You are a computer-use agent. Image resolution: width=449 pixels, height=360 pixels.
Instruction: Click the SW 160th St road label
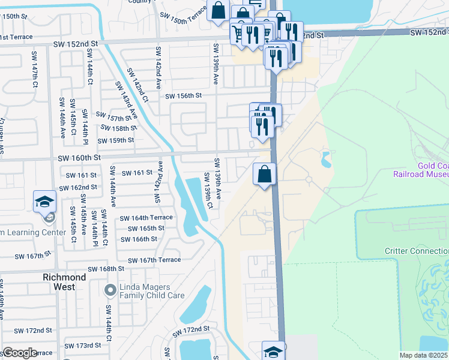[x=79, y=158]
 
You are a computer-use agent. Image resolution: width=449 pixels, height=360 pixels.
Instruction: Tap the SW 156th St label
[x=183, y=96]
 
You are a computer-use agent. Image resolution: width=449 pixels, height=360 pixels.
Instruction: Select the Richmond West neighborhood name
[x=64, y=282]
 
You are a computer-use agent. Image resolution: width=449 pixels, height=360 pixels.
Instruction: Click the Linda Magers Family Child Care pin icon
[x=109, y=291]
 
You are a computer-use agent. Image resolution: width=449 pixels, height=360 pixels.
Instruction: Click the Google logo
[x=20, y=352]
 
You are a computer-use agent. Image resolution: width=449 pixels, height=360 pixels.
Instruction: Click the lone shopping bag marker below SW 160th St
[x=264, y=175]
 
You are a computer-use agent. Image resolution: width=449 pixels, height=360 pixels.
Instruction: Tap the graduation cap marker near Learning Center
[x=44, y=202]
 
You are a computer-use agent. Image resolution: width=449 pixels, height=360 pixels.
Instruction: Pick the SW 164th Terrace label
[x=146, y=218]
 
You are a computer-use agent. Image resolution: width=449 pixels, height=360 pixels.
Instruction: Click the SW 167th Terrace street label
[x=154, y=260]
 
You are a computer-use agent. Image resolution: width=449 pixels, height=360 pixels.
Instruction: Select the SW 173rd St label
[x=83, y=346]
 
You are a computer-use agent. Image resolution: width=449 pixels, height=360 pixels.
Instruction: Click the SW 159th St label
[x=116, y=140]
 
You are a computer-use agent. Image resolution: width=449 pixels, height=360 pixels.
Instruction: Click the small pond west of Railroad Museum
[x=326, y=160]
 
